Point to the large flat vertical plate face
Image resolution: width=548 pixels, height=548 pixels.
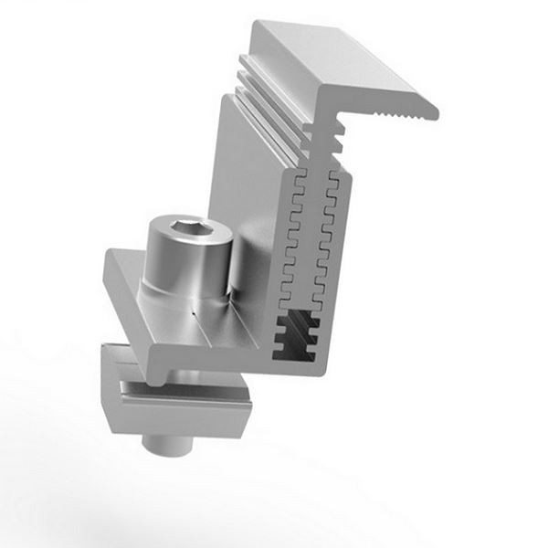click(247, 192)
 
